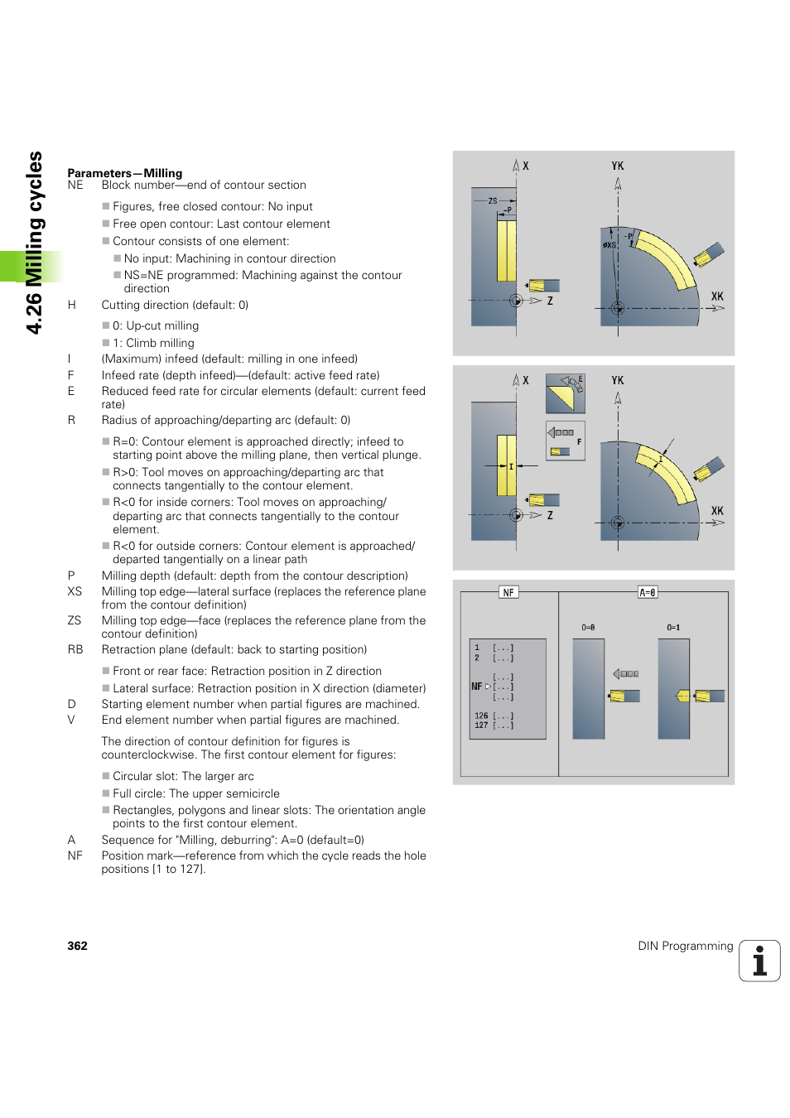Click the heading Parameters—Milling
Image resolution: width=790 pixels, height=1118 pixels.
pos(124,173)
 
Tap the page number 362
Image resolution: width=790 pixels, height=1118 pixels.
pos(77,946)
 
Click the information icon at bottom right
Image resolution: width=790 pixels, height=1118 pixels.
pos(759,961)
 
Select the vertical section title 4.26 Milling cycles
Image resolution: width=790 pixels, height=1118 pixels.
pos(34,243)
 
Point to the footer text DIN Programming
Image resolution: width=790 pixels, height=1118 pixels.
pos(685,946)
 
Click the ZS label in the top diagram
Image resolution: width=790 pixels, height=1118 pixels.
pos(493,200)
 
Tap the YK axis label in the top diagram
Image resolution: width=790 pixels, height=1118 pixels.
pos(618,166)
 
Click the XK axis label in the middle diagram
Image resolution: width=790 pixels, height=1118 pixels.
pos(717,511)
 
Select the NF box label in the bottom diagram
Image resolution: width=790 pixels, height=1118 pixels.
pos(508,592)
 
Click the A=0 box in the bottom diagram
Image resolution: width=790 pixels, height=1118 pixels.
pos(648,592)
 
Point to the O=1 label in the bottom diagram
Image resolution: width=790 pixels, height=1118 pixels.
pos(673,628)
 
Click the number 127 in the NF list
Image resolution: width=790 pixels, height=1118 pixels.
pos(481,725)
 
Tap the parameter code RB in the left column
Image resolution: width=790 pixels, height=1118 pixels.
pos(75,649)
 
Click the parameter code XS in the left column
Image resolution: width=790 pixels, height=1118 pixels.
pos(75,591)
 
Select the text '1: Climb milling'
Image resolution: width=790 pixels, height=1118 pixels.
pos(153,343)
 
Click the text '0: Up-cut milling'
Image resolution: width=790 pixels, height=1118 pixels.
pos(156,325)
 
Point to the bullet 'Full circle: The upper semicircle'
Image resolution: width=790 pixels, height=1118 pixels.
pos(196,793)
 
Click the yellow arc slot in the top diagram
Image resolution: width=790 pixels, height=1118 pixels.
pos(668,257)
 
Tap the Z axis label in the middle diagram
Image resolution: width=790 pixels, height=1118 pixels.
pos(550,515)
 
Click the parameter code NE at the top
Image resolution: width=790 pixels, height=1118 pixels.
pos(75,185)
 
